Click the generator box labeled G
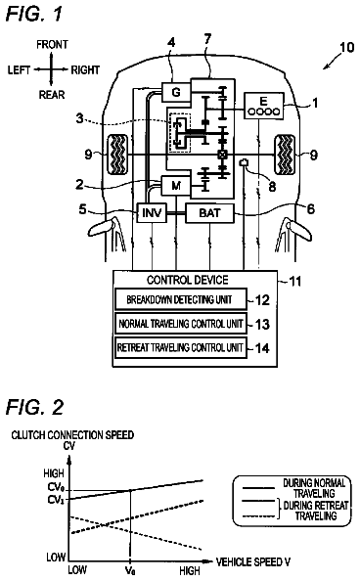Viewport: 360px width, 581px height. coord(176,92)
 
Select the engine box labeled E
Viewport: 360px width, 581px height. coord(263,106)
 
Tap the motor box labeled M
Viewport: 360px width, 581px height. coord(176,185)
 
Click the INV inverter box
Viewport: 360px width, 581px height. coord(152,213)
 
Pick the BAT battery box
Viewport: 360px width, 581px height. coord(210,213)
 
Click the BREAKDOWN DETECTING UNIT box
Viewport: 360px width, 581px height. coord(181,299)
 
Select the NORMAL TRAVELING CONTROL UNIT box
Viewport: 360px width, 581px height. coord(181,324)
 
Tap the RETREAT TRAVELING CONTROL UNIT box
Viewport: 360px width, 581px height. coord(181,347)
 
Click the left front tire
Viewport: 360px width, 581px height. coord(117,155)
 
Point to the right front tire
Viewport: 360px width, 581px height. coord(285,155)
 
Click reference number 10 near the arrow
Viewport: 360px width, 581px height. coord(346,47)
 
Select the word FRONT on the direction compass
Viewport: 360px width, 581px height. coord(52,44)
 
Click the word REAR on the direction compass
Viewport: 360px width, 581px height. coord(52,95)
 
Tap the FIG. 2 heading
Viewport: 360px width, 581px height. coord(35,407)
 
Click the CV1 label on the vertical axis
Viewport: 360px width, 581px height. coord(56,500)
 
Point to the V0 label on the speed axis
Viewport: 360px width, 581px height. coord(130,570)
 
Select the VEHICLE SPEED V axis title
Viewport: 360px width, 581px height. coord(253,562)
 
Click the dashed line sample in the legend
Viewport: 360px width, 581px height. coord(259,516)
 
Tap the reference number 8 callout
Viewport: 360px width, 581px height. coord(273,187)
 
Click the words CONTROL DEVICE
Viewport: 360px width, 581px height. coord(188,280)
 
